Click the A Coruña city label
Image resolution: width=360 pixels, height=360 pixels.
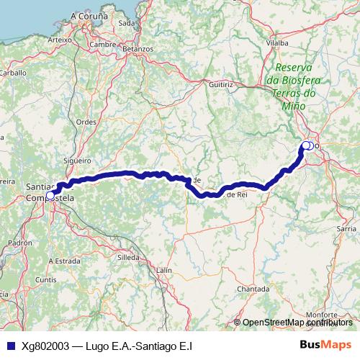[x=89, y=14]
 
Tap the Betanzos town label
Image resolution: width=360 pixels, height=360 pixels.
[x=138, y=48]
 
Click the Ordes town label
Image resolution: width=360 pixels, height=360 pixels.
[x=86, y=122]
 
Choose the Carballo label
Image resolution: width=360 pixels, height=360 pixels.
[x=12, y=73]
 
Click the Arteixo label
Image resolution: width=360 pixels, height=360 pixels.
[x=59, y=40]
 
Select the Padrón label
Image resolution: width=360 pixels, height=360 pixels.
[x=21, y=243]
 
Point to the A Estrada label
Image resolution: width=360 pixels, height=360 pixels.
[x=66, y=260]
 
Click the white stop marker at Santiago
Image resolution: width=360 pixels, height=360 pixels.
[x=50, y=195]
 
